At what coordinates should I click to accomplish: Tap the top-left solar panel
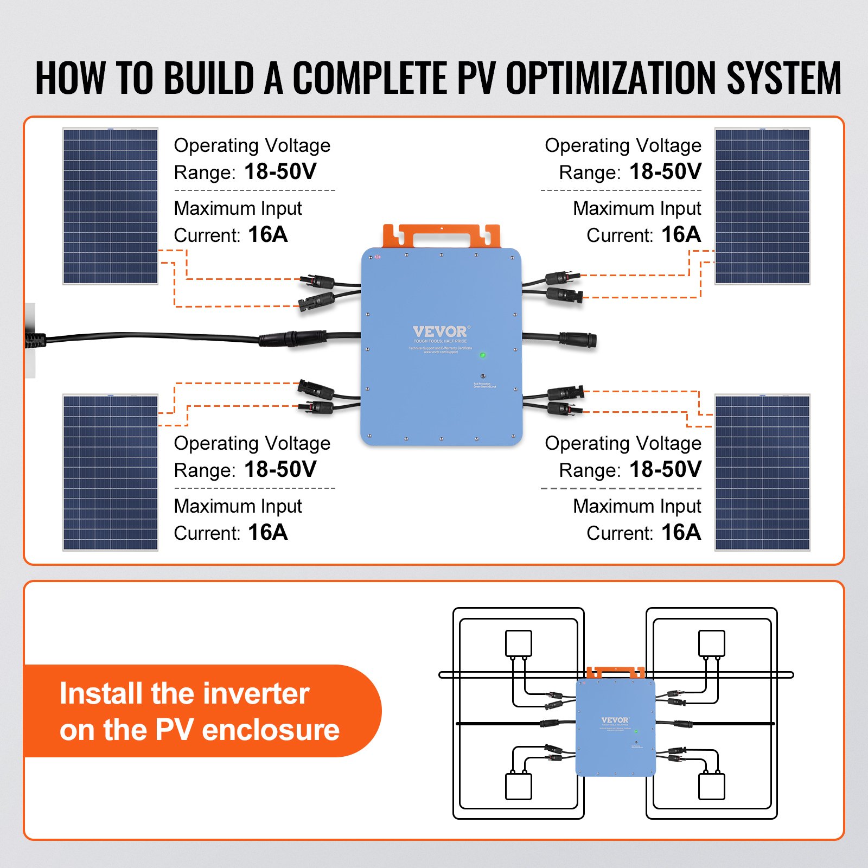click(x=110, y=206)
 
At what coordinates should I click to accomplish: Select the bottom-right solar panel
click(x=762, y=473)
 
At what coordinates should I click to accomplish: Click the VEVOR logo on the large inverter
click(x=441, y=331)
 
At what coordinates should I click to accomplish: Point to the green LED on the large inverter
click(x=482, y=355)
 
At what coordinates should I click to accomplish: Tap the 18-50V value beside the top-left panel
click(x=280, y=172)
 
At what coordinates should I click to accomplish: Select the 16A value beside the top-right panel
click(x=681, y=235)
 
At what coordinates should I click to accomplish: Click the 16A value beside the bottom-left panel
click(x=267, y=533)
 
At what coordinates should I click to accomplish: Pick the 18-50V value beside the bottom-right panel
click(x=665, y=470)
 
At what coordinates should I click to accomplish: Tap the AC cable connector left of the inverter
click(x=293, y=339)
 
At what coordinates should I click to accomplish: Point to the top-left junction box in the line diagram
click(x=518, y=643)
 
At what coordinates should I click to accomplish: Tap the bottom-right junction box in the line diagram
click(x=711, y=786)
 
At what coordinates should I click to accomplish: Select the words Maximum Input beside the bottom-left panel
click(x=238, y=506)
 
